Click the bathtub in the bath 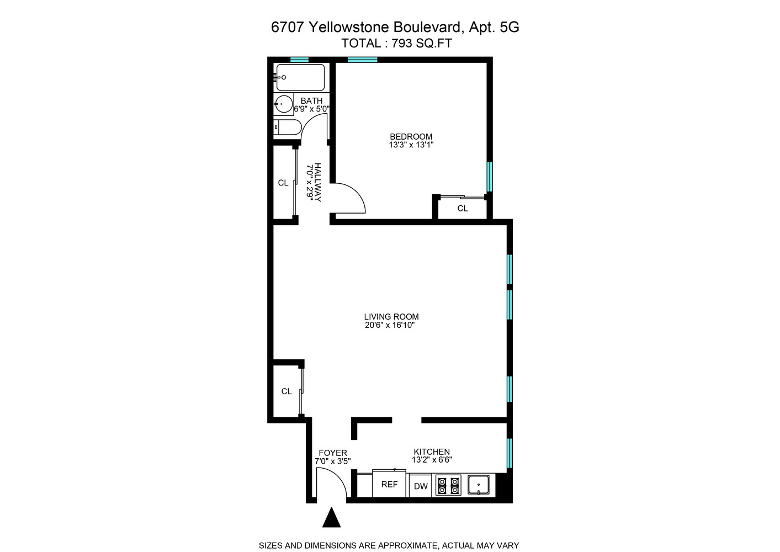click(x=300, y=78)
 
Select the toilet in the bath click(x=288, y=128)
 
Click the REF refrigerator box click(x=389, y=484)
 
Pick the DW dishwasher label click(x=421, y=486)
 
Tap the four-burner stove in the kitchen click(x=448, y=485)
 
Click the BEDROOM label click(x=411, y=137)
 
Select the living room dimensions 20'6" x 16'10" click(x=390, y=326)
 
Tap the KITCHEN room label click(x=432, y=452)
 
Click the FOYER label click(x=333, y=453)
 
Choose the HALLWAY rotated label click(x=317, y=182)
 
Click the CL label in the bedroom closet click(x=463, y=208)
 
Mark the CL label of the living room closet click(x=286, y=391)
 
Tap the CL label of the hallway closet click(x=283, y=183)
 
